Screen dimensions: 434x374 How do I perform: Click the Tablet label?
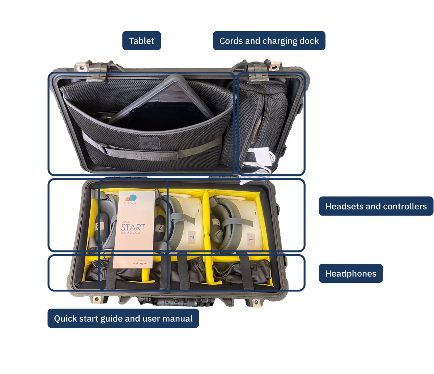(x=141, y=41)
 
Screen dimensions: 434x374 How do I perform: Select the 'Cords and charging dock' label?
(x=269, y=41)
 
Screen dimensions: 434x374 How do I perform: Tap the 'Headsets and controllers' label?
(x=376, y=206)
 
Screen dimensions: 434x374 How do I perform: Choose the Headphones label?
(x=350, y=273)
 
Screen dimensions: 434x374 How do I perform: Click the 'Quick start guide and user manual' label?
(x=123, y=319)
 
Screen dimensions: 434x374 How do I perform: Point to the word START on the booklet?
(x=133, y=228)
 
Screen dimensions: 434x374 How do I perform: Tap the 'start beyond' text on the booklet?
(x=140, y=263)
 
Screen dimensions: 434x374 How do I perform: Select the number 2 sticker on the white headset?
(x=192, y=238)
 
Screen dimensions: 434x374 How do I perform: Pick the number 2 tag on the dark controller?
(x=158, y=228)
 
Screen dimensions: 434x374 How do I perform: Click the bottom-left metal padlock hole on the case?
(x=97, y=299)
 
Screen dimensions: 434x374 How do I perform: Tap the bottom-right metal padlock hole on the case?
(x=256, y=302)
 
